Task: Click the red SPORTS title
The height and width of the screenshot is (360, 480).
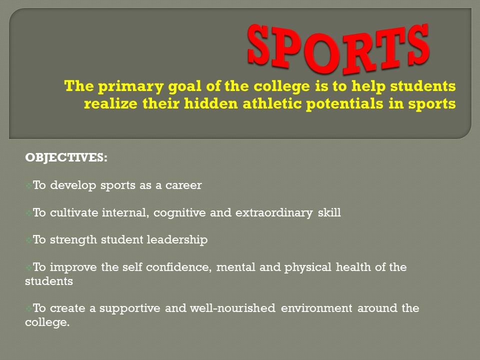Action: point(338,48)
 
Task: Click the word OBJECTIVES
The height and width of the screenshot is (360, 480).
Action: point(65,157)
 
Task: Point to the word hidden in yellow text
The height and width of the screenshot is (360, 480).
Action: point(211,103)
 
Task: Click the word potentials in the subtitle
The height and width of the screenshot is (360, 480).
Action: point(344,104)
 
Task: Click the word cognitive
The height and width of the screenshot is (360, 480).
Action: point(179,213)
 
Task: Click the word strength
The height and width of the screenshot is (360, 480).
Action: point(73,240)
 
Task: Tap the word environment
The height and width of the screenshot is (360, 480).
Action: point(316,308)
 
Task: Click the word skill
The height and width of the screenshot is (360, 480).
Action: point(329,212)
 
